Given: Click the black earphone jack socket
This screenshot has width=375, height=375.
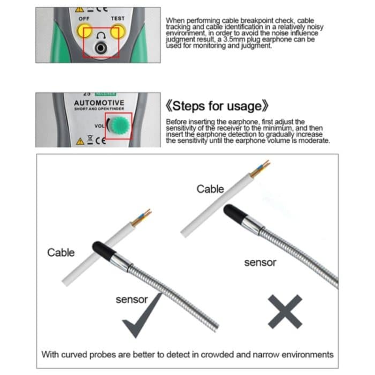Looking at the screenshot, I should (100, 48).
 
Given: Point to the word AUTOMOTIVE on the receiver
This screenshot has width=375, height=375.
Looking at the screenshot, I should (99, 102).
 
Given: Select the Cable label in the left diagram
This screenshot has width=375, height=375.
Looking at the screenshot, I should (61, 252).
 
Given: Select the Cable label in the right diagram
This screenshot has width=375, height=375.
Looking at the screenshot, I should (210, 189).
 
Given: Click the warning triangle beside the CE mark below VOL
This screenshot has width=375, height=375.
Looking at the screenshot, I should (80, 141).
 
